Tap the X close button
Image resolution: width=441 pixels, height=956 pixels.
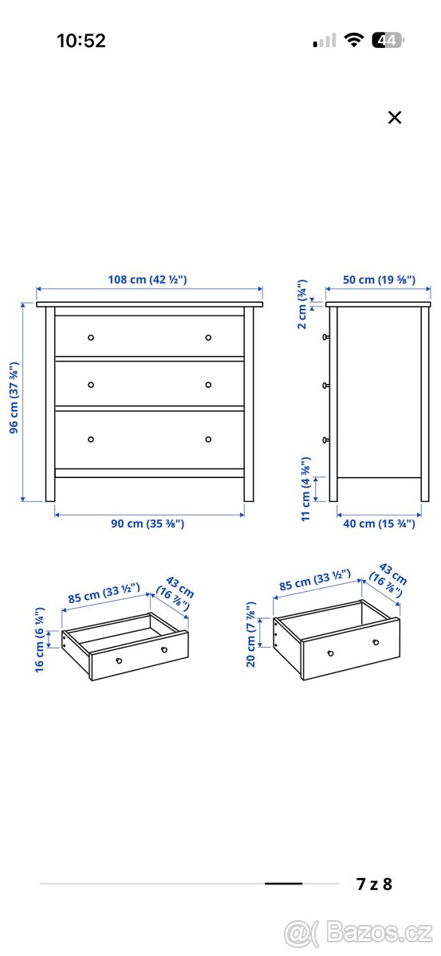pyautogui.click(x=394, y=118)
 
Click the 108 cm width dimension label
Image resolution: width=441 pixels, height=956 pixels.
pyautogui.click(x=148, y=280)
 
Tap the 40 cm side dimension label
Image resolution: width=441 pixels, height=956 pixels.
pyautogui.click(x=380, y=523)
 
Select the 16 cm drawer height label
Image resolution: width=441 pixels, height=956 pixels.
pyautogui.click(x=39, y=639)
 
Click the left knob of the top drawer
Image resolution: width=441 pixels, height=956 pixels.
pyautogui.click(x=91, y=337)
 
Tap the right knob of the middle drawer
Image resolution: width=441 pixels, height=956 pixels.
pyautogui.click(x=208, y=385)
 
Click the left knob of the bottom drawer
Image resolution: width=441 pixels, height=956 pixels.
pyautogui.click(x=91, y=439)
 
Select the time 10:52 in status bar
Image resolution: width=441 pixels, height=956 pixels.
pyautogui.click(x=81, y=41)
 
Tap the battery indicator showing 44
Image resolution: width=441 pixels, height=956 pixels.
pyautogui.click(x=391, y=40)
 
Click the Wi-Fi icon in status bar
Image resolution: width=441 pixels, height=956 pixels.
pyautogui.click(x=353, y=40)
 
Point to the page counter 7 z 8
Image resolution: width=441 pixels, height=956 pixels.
pyautogui.click(x=374, y=884)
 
